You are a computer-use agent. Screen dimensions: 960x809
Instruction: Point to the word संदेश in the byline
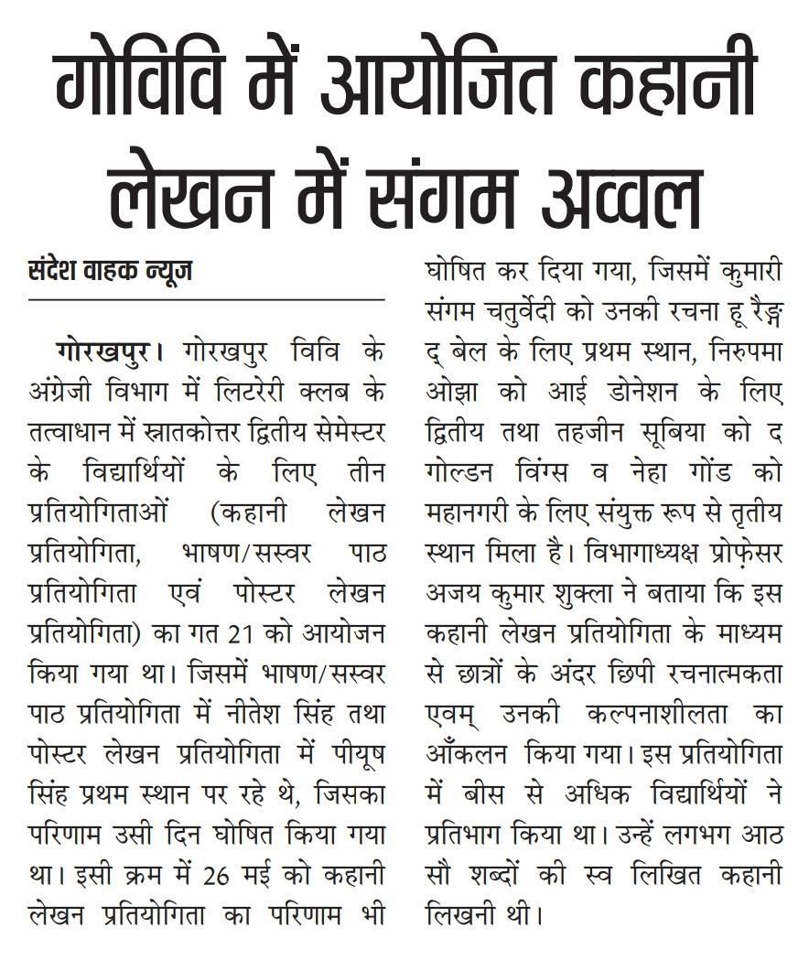[54, 272]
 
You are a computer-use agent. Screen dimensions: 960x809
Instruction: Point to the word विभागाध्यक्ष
[631, 555]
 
